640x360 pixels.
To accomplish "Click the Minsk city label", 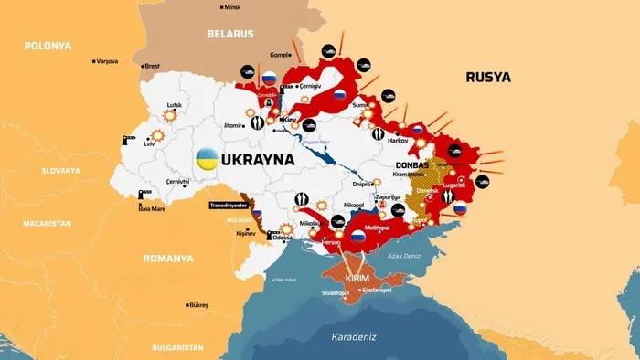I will click(237, 8).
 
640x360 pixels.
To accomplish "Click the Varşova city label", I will click(108, 62).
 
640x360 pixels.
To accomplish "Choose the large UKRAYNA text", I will click(259, 159).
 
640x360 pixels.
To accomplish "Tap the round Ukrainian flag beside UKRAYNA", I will click(208, 159).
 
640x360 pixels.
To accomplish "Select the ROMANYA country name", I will click(168, 259).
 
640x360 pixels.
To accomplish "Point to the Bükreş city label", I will click(197, 304).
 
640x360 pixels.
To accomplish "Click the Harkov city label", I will click(398, 142).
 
